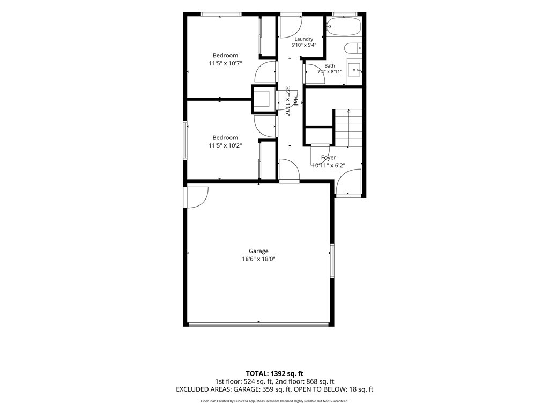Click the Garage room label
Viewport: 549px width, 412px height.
point(258,251)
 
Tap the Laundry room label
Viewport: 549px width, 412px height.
point(303,39)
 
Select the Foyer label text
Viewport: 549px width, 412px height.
point(329,158)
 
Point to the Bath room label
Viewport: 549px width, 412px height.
point(330,65)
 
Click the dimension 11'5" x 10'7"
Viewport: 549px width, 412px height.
point(226,63)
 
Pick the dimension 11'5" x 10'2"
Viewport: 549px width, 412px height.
point(226,146)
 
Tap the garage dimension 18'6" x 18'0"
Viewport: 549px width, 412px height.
point(258,259)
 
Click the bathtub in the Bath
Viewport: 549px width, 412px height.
point(344,27)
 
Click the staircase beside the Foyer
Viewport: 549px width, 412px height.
point(348,128)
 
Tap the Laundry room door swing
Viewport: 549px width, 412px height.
point(290,27)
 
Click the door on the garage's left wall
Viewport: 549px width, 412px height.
point(196,197)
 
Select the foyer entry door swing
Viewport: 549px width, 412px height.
point(348,182)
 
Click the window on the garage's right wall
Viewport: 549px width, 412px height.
point(332,260)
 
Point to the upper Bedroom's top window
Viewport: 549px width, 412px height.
point(221,14)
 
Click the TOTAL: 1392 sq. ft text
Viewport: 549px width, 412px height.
point(274,373)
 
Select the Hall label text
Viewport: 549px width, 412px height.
point(295,101)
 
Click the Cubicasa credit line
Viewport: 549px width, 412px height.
point(274,401)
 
